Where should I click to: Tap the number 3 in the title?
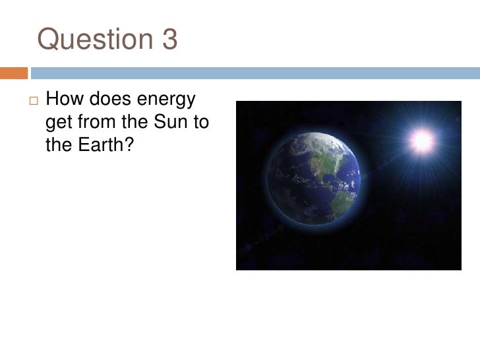169,41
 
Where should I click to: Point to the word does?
111,102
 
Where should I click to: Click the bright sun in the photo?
421,139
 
